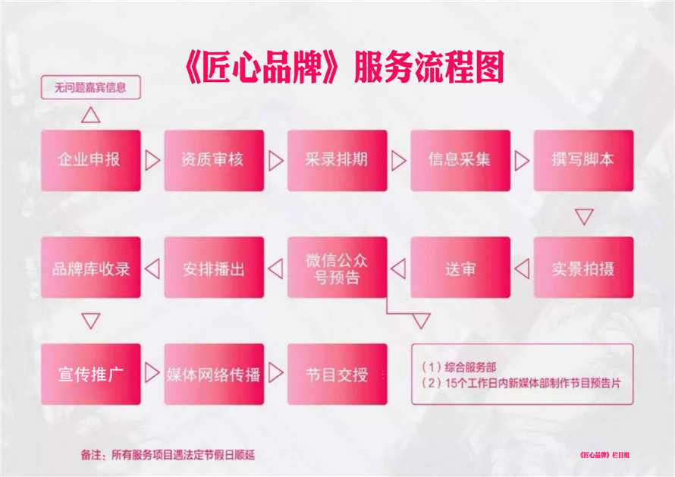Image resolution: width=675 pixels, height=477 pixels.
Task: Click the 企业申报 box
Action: (x=91, y=161)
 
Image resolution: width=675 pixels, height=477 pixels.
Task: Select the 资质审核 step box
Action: (x=214, y=161)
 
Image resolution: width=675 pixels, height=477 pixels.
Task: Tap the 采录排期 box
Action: (x=337, y=161)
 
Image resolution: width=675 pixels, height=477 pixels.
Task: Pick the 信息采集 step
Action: (x=460, y=161)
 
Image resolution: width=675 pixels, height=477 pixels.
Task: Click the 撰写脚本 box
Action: (x=583, y=161)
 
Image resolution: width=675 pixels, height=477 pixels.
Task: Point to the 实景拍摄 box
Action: (x=583, y=268)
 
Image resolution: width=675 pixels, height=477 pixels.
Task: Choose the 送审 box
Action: (x=460, y=268)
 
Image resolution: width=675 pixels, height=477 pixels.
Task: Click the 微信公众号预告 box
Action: (x=337, y=268)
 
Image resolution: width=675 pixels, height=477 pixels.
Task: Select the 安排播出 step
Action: (x=214, y=268)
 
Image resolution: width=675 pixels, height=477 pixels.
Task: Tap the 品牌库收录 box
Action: (x=91, y=268)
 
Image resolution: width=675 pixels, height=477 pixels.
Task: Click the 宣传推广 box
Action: (x=91, y=374)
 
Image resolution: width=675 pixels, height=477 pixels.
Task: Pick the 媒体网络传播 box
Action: (x=214, y=374)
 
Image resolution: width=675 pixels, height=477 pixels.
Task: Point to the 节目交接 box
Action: (x=337, y=374)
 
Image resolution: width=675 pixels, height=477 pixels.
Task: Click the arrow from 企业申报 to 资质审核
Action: (x=152, y=161)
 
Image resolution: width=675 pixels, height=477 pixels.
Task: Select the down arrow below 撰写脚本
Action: (x=584, y=217)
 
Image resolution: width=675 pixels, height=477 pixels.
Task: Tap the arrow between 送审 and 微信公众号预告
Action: (x=398, y=268)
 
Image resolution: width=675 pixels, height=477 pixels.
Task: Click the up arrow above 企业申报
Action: (x=91, y=115)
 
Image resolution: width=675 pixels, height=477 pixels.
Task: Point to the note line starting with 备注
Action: (x=168, y=454)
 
